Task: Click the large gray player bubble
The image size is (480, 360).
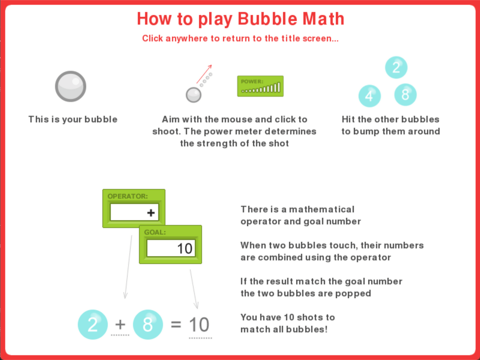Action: (71, 86)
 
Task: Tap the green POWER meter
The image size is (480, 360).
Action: (260, 86)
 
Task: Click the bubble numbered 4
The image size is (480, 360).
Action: (369, 96)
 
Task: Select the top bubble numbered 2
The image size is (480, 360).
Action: (396, 67)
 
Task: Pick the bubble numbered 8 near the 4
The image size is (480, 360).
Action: (405, 94)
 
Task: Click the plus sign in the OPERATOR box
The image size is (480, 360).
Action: (151, 212)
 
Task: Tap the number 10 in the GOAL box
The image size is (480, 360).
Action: (184, 248)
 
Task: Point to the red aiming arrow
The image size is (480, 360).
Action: (204, 74)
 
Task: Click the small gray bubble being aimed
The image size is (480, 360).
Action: (193, 95)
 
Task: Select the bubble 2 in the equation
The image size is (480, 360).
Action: (93, 324)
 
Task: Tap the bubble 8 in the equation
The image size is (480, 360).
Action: (148, 324)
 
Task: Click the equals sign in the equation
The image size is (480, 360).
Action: (176, 324)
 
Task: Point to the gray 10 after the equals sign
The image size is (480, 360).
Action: (199, 324)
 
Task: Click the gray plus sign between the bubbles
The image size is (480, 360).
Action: (120, 324)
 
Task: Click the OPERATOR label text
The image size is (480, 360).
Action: (128, 196)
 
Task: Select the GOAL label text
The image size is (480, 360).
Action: (155, 232)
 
